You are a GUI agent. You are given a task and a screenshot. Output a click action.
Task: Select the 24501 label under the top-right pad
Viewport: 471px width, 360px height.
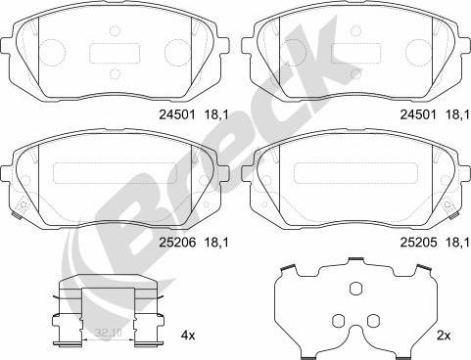(x=418, y=113)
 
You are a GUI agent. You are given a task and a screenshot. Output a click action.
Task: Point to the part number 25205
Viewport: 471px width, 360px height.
(x=418, y=239)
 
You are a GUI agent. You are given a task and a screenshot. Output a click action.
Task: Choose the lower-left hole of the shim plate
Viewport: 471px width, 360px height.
(x=338, y=321)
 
